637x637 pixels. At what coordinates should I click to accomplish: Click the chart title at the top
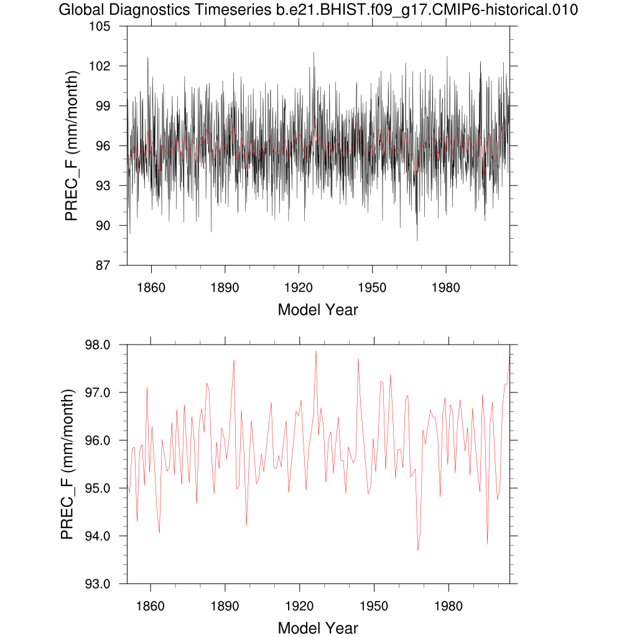pyautogui.click(x=318, y=10)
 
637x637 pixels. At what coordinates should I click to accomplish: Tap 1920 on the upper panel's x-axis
pyautogui.click(x=299, y=288)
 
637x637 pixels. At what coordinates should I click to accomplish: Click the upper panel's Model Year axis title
pyautogui.click(x=318, y=310)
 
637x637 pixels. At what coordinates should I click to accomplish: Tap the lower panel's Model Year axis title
pyautogui.click(x=318, y=628)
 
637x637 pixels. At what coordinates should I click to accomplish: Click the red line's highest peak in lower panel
pyautogui.click(x=316, y=351)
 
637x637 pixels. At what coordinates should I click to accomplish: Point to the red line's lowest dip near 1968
pyautogui.click(x=418, y=551)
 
